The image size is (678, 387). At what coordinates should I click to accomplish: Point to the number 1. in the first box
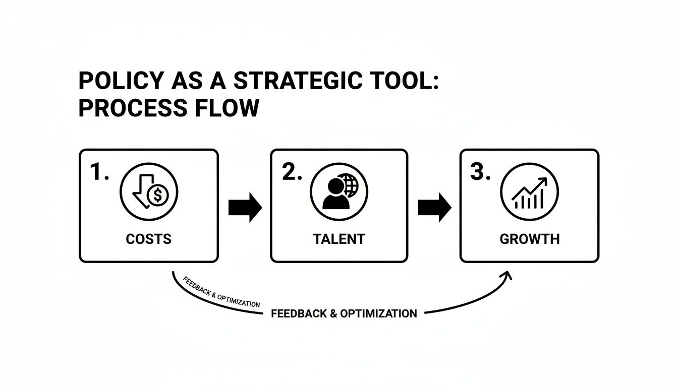(x=99, y=173)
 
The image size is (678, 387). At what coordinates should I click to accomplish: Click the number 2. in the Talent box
(x=292, y=173)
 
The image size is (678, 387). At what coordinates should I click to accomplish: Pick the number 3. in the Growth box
(x=480, y=173)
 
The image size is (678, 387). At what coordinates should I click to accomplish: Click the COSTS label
(x=149, y=239)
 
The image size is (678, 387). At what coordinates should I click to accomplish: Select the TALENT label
(x=339, y=239)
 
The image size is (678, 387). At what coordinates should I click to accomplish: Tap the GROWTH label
(x=529, y=239)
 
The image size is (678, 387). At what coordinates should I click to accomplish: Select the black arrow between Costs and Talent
(x=245, y=207)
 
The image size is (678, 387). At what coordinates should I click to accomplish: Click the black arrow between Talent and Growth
(x=434, y=207)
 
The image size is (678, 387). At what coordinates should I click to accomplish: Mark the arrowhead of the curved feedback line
(x=506, y=275)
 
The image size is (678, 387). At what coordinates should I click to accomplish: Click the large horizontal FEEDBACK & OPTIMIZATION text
(x=344, y=313)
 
